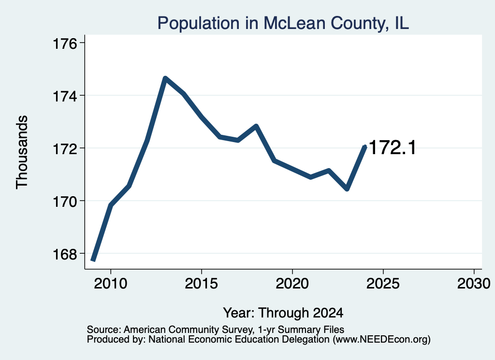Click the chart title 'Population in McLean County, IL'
pyautogui.click(x=283, y=23)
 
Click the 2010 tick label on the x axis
pyautogui.click(x=111, y=283)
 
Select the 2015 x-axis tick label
pyautogui.click(x=202, y=283)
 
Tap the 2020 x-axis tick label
pyautogui.click(x=292, y=283)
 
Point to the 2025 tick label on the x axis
pyautogui.click(x=383, y=283)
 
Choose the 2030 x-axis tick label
pyautogui.click(x=474, y=283)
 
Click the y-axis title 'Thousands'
pyautogui.click(x=22, y=152)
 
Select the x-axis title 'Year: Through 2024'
pyautogui.click(x=283, y=313)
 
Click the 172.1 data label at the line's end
pyautogui.click(x=393, y=147)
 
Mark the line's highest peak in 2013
pyautogui.click(x=165, y=78)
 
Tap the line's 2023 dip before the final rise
pyautogui.click(x=347, y=188)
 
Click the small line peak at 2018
pyautogui.click(x=256, y=126)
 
